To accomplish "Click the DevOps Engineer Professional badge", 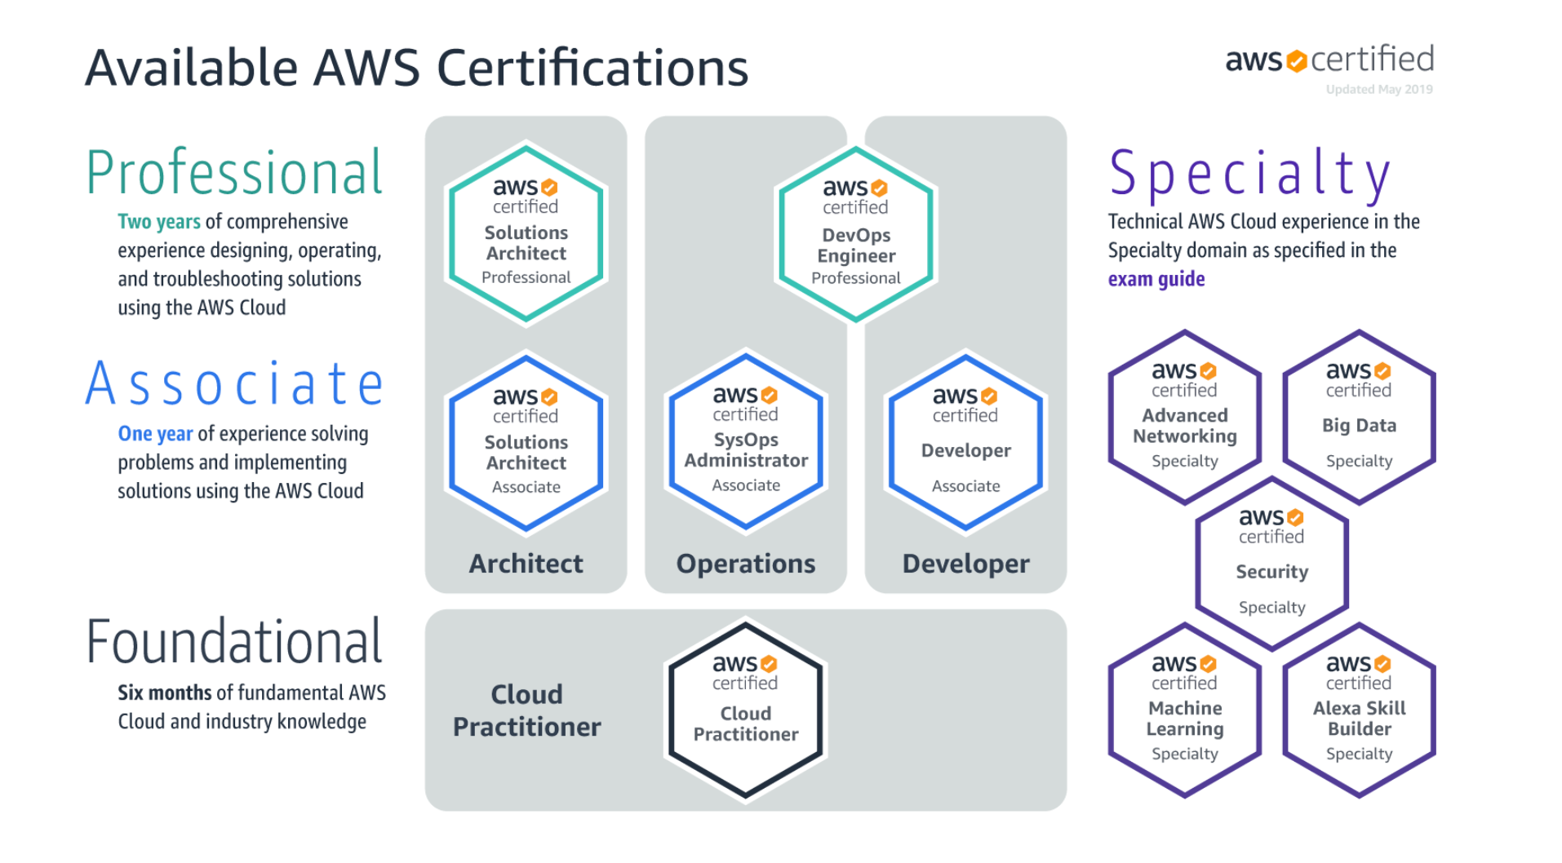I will (855, 235).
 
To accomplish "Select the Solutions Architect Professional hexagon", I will (526, 235).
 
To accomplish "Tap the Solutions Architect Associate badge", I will (526, 443).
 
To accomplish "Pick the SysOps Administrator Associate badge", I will (746, 442).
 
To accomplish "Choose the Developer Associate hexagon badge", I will (965, 443).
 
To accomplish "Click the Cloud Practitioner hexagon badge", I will (746, 710).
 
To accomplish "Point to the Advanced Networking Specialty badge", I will (1184, 418).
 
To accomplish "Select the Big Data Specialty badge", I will (1359, 418).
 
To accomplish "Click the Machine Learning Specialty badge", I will (1184, 710).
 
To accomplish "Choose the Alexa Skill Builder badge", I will (1359, 710).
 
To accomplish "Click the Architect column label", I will (526, 564).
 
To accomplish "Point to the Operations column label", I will (746, 564).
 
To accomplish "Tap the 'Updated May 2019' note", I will (1379, 90).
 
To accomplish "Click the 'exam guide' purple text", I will (1156, 279).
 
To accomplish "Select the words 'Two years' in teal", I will (158, 222).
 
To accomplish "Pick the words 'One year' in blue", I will (155, 434).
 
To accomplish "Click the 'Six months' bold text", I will (164, 693).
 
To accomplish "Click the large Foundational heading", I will (234, 643).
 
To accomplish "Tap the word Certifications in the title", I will (592, 68).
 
